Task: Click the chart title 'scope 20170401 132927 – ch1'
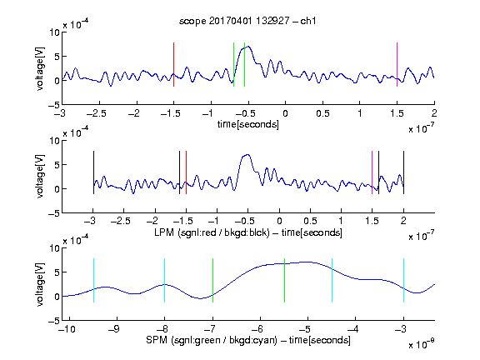[x=247, y=21]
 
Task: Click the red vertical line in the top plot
[x=173, y=64]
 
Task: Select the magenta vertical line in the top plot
[x=397, y=64]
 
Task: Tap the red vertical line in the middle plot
[x=186, y=172]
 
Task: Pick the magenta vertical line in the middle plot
[x=372, y=172]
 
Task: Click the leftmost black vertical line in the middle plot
[x=93, y=172]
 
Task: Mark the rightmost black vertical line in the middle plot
[x=403, y=172]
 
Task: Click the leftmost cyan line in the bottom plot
[x=93, y=280]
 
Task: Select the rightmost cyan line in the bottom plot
[x=403, y=280]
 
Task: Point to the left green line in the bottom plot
[x=212, y=280]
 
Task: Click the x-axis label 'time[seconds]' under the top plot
[x=248, y=124]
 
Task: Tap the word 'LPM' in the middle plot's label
[x=164, y=232]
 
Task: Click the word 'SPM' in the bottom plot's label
[x=157, y=340]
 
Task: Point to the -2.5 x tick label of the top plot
[x=97, y=113]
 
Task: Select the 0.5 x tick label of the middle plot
[x=310, y=221]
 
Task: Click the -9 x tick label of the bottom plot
[x=114, y=329]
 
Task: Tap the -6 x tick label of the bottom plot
[x=257, y=329]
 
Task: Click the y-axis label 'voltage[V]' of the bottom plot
[x=40, y=284]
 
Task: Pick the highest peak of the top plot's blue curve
[x=248, y=46]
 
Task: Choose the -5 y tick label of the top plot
[x=54, y=105]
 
